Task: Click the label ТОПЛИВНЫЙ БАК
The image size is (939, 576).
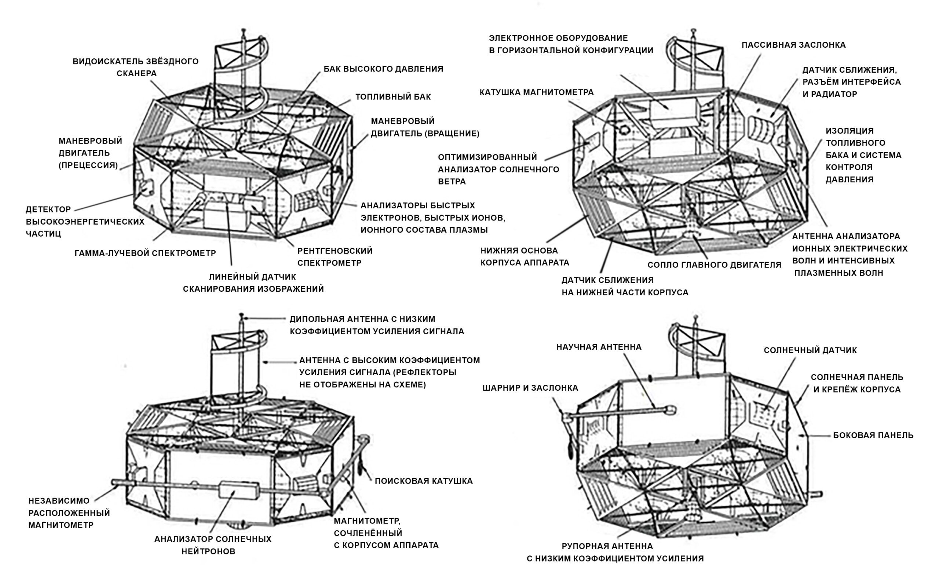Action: [393, 97]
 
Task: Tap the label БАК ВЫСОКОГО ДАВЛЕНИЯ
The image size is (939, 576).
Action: [383, 69]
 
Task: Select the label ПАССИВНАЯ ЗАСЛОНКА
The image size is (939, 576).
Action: [793, 45]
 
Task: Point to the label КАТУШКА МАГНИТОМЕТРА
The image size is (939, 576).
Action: [537, 92]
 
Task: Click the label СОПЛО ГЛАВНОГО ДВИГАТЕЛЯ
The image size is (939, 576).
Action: [715, 265]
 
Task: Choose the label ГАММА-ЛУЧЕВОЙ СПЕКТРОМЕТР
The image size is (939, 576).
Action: [145, 253]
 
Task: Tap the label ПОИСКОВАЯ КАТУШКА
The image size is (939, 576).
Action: [424, 481]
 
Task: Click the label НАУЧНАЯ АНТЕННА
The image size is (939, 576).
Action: [599, 347]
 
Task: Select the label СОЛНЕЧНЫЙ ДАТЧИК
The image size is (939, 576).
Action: [810, 350]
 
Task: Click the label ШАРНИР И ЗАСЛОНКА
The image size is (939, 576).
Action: [530, 388]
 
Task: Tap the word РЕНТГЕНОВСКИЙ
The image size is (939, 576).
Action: [335, 251]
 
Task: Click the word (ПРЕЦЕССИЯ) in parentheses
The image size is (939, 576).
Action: [88, 165]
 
